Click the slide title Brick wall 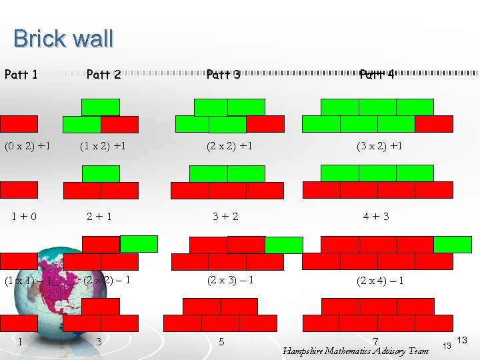(63, 39)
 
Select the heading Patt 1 (21, 75)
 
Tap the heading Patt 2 (103, 75)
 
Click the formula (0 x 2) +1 (29, 145)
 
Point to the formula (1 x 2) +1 (103, 145)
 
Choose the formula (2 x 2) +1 (228, 145)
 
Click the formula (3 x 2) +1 (379, 145)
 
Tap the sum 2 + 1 (100, 216)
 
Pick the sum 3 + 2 (225, 216)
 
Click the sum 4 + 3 (376, 216)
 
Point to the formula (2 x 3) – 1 (230, 280)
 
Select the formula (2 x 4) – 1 (380, 281)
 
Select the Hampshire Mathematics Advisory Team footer (355, 351)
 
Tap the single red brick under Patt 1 (19, 124)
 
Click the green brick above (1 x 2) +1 (101, 107)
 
